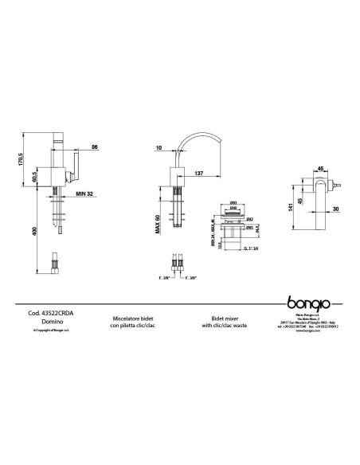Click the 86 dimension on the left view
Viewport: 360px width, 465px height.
tap(94, 148)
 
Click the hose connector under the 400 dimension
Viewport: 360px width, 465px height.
tap(56, 261)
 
